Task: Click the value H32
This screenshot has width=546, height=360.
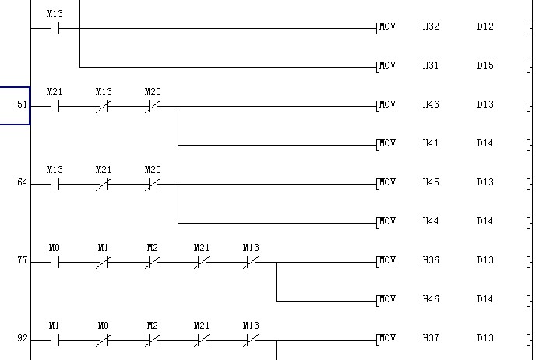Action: [x=431, y=26]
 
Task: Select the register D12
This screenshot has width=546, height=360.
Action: [x=485, y=26]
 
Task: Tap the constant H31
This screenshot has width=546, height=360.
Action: [x=431, y=65]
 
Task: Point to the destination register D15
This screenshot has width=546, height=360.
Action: [x=485, y=65]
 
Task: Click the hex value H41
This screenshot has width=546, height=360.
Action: [x=431, y=143]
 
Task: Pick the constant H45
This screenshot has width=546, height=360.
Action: [x=431, y=182]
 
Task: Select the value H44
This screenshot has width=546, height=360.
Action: [x=431, y=221]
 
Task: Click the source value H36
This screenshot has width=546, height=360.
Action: [x=431, y=260]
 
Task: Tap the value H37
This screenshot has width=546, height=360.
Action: [x=431, y=338]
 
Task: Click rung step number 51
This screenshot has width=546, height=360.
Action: [x=22, y=104]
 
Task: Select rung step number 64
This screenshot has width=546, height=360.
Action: [x=22, y=182]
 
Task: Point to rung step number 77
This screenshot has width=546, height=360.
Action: [x=22, y=260]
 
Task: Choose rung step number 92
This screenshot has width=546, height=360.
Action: [x=22, y=338]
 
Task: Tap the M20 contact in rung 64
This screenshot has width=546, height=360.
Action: [x=153, y=185]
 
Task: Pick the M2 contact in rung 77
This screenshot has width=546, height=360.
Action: [x=153, y=263]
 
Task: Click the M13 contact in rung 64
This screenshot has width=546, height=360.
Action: [x=55, y=185]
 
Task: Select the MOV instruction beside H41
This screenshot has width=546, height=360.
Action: [x=387, y=143]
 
